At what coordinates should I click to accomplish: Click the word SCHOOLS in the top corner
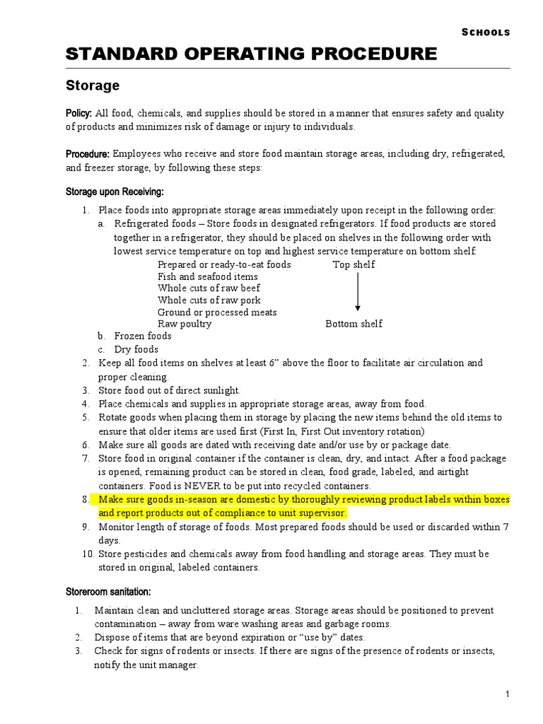click(486, 32)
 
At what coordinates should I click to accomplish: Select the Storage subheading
click(93, 86)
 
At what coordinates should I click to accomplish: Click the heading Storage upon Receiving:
click(115, 192)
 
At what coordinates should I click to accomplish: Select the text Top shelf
click(354, 264)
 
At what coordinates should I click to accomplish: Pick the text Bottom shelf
click(354, 324)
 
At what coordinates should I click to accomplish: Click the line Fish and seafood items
click(207, 276)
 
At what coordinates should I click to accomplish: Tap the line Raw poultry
click(184, 324)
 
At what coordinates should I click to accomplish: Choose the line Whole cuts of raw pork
click(209, 300)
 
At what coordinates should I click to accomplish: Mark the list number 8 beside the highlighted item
click(85, 500)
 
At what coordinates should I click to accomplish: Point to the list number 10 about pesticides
click(86, 554)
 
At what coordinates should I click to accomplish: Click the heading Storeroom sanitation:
click(108, 591)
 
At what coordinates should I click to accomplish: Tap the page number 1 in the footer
click(508, 695)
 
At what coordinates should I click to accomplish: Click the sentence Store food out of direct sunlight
click(169, 390)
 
